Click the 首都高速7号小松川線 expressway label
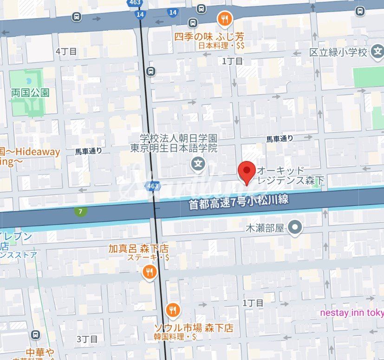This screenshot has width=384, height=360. pos(238,202)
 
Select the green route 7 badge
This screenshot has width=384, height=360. pos(81,212)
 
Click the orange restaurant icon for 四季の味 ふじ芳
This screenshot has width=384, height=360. pos(225,19)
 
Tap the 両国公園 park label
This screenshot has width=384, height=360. pos(30,92)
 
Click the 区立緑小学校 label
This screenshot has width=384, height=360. pos(338,51)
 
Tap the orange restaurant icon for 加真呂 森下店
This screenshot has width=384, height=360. pos(149,272)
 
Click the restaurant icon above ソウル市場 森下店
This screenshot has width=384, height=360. pos(173,309)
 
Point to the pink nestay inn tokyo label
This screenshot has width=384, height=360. pos(351,312)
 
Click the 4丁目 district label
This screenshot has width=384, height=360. pos(66,51)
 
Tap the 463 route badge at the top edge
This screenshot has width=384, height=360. pos(135,3)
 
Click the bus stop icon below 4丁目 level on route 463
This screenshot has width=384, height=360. pos(150,71)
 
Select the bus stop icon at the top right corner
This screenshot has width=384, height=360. pos(360,11)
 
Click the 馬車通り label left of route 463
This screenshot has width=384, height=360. pos(88,151)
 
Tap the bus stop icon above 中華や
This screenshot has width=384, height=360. pos(36,334)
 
